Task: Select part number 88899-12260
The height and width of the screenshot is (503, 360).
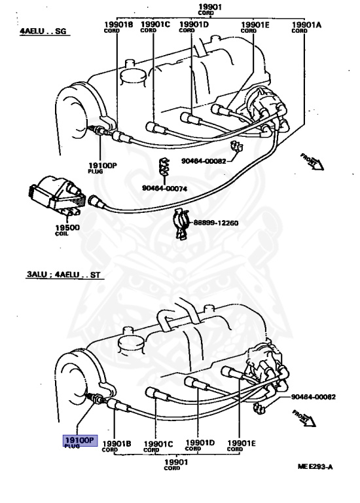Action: [215, 223]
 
